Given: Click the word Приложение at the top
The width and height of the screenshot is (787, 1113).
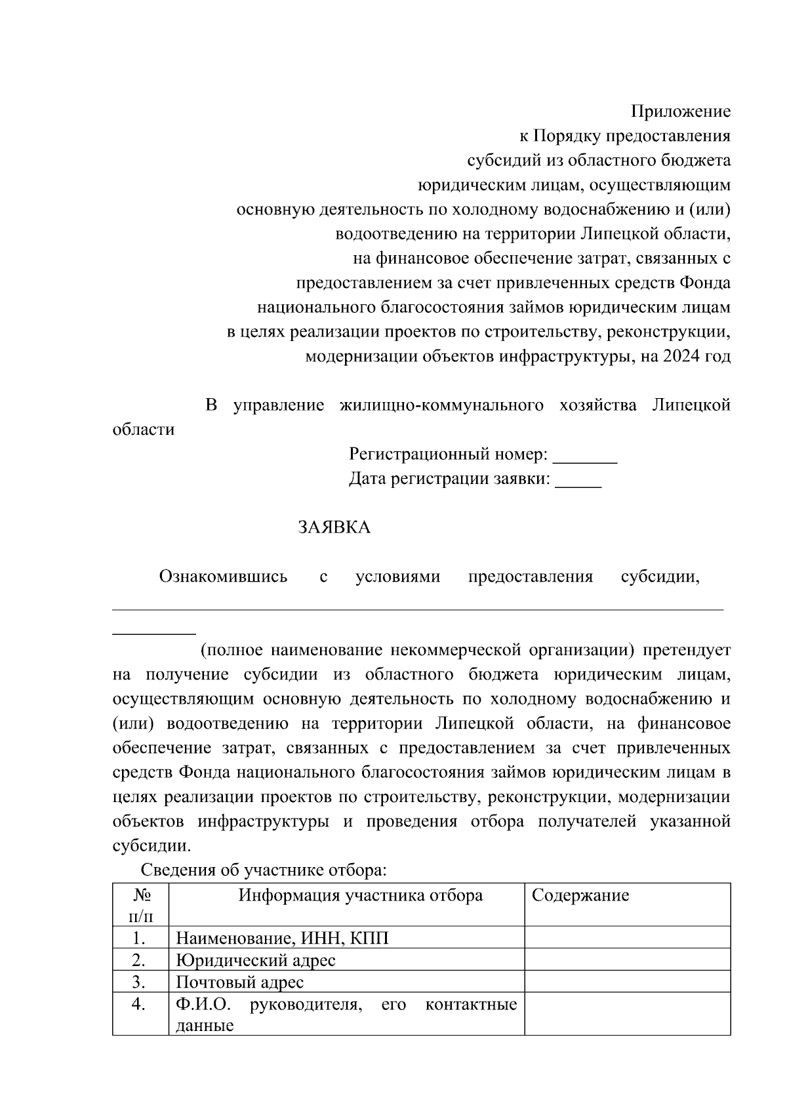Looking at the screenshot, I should click(680, 111).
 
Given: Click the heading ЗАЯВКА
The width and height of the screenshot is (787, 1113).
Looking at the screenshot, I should click(334, 527).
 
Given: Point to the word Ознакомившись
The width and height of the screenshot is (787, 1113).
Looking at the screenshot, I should click(223, 577).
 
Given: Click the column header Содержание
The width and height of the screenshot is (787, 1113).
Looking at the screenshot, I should click(580, 895).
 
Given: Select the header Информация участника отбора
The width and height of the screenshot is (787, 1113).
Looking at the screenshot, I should click(360, 895).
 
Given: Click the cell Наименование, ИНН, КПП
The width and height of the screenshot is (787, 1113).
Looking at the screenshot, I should click(282, 938).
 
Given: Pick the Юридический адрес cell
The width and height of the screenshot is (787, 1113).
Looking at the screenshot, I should click(256, 961).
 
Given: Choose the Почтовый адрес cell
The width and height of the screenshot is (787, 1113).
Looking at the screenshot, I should click(240, 982).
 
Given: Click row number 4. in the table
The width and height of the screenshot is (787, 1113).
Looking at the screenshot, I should click(138, 1004).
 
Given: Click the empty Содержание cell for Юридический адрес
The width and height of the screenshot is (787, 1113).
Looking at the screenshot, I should click(627, 960).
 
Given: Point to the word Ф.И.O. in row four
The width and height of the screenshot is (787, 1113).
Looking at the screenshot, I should click(203, 1004).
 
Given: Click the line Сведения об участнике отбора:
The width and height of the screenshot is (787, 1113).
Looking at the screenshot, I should click(264, 870).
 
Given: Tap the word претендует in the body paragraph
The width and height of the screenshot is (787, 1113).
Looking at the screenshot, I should click(687, 651).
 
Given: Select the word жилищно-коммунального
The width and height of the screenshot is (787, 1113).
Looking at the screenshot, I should click(441, 405).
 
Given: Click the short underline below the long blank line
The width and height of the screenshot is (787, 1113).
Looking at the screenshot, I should click(154, 634).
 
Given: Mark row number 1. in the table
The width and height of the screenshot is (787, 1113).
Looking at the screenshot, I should click(138, 938).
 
